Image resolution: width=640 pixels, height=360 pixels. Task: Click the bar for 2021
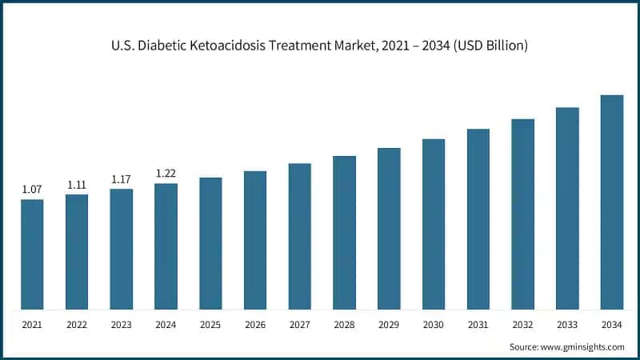(x=32, y=254)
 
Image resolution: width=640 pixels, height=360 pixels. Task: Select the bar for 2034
(x=612, y=202)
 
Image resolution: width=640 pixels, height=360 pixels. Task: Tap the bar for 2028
(x=344, y=232)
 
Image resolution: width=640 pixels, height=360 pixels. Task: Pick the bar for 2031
(x=478, y=218)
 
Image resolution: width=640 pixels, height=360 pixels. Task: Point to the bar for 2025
(x=210, y=243)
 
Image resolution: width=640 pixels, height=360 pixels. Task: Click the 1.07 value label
(x=32, y=190)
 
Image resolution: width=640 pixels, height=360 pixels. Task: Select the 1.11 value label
(x=77, y=185)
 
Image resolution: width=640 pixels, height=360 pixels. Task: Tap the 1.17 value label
(x=122, y=179)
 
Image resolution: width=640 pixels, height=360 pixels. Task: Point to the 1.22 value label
(x=166, y=174)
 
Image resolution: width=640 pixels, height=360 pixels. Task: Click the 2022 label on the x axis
(x=77, y=325)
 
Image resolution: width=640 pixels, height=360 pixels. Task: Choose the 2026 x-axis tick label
(x=255, y=325)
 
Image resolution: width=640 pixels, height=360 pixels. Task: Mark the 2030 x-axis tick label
(x=434, y=325)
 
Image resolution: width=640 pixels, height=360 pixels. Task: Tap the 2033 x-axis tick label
(x=567, y=325)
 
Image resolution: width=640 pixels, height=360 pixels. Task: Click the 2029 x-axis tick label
(x=389, y=325)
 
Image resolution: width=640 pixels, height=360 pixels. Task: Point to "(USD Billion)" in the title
(x=489, y=46)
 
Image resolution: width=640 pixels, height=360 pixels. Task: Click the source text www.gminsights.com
(x=584, y=346)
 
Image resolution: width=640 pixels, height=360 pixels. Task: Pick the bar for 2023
(x=122, y=249)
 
